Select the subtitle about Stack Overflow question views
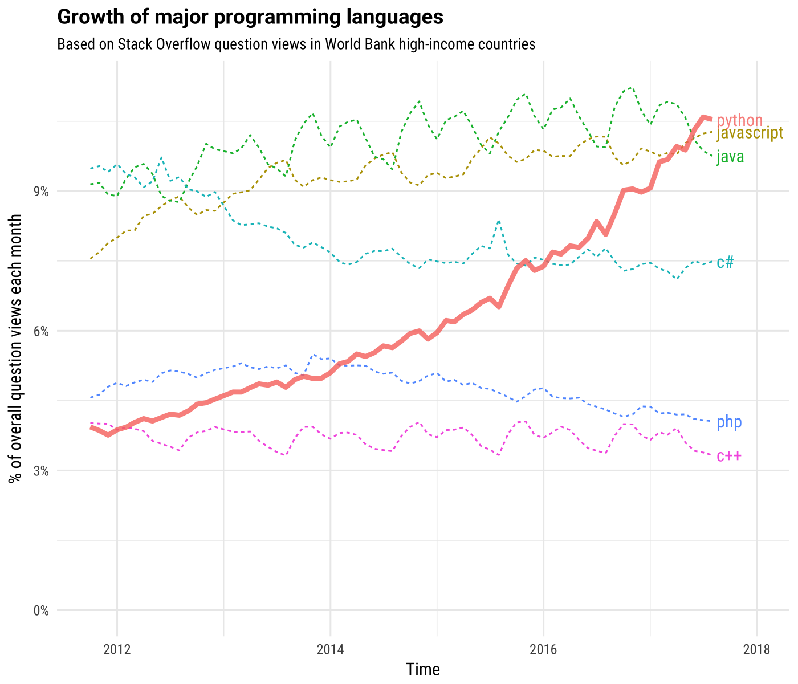coord(296,44)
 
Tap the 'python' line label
coord(739,120)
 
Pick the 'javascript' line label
coord(749,133)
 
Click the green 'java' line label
coord(730,157)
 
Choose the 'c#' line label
coord(725,262)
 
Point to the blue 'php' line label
coord(729,422)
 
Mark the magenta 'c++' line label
coord(729,456)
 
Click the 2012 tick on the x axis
coord(117,649)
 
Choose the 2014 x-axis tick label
coord(330,649)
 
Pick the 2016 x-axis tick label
coord(543,649)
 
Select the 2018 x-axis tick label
coord(756,649)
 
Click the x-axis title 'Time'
coord(423,669)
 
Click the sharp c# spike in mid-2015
coord(499,221)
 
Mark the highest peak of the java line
coord(630,88)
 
